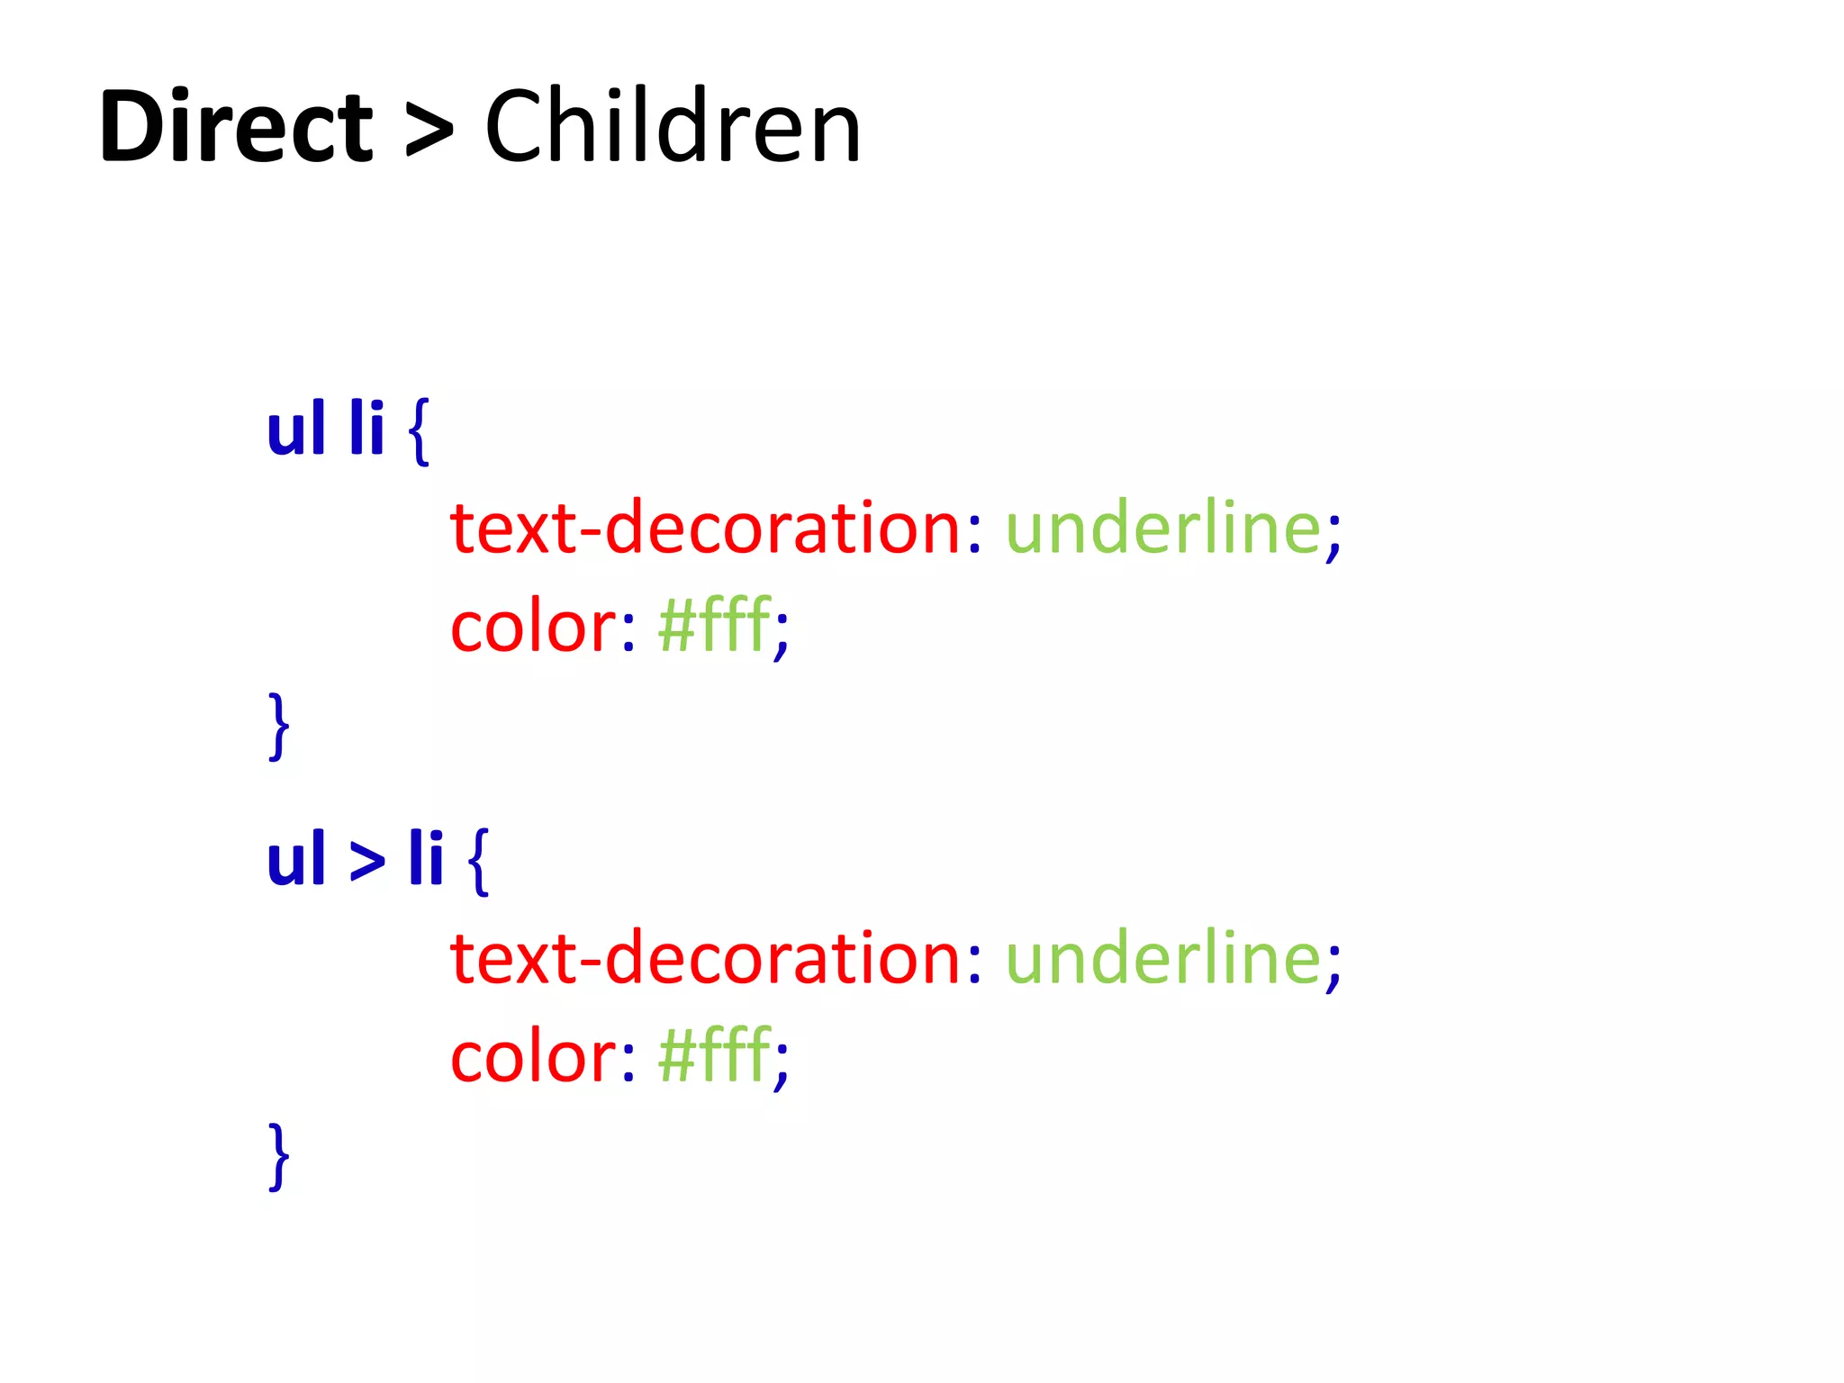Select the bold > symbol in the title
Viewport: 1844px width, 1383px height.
click(x=429, y=131)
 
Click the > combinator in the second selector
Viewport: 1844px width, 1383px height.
click(x=366, y=862)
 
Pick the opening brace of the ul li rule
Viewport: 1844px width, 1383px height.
click(x=419, y=432)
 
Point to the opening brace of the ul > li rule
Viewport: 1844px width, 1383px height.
click(x=478, y=862)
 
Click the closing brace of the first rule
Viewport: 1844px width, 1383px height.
click(x=279, y=726)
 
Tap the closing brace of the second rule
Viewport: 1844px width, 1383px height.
click(x=279, y=1156)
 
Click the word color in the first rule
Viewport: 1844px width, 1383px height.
click(x=533, y=627)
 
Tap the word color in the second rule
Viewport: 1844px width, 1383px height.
click(x=533, y=1057)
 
